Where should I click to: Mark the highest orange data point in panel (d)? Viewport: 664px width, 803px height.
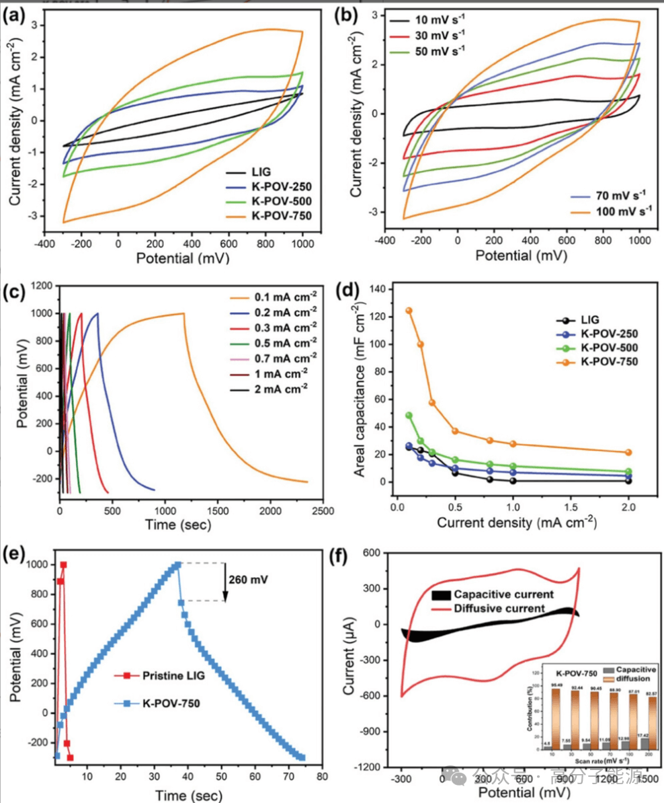(x=409, y=311)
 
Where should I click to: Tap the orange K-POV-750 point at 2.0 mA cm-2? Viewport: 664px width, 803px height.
(x=628, y=453)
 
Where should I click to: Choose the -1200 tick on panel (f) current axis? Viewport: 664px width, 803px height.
(x=381, y=767)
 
